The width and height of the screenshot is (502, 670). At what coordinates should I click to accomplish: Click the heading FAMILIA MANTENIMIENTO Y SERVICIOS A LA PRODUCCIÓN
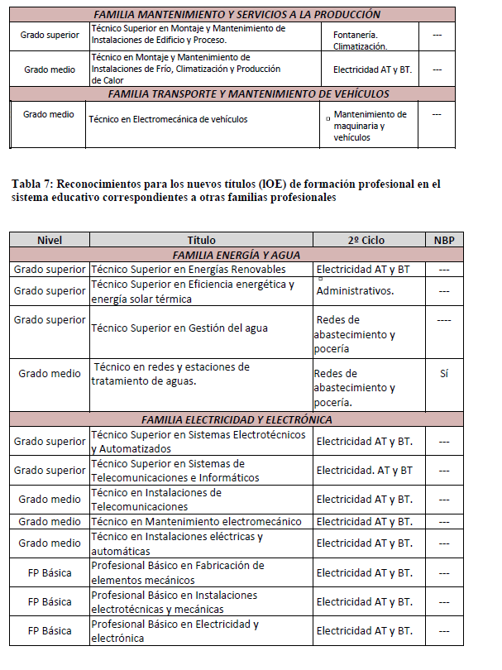[237, 14]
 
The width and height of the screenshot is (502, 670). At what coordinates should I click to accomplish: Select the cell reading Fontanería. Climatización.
[356, 41]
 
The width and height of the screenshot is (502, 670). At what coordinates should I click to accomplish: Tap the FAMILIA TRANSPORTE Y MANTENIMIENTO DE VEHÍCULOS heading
[237, 94]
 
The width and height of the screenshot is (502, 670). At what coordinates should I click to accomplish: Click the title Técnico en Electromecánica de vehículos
[168, 119]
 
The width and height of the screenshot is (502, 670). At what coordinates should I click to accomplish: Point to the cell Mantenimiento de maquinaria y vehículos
[370, 126]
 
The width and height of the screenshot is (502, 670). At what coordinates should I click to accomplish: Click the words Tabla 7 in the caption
[33, 184]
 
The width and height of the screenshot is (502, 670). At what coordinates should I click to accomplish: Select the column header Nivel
[49, 240]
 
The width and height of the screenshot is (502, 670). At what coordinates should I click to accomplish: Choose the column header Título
[201, 240]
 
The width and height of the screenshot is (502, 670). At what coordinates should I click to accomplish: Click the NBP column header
[443, 240]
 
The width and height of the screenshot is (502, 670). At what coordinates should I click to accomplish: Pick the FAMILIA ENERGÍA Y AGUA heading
[237, 255]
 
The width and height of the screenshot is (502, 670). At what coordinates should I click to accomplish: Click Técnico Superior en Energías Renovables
[189, 269]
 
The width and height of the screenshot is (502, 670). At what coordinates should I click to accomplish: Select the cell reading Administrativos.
[355, 290]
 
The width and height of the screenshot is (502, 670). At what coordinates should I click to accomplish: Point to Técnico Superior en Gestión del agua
[179, 328]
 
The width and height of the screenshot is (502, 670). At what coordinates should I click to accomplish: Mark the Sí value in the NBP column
[443, 374]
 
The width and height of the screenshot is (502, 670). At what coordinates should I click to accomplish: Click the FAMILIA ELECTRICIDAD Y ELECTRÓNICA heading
[237, 419]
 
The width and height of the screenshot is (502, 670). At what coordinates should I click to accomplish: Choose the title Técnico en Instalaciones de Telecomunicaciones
[156, 500]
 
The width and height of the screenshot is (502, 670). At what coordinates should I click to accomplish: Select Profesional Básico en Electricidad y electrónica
[175, 631]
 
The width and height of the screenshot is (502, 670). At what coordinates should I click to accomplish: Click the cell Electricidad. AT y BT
[365, 471]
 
